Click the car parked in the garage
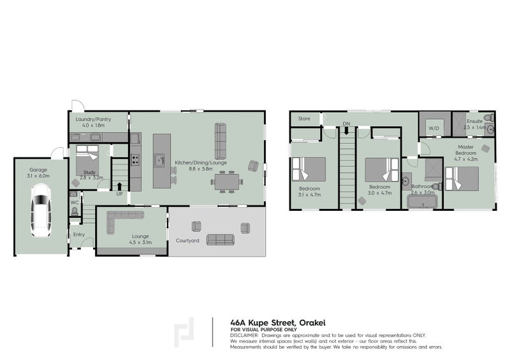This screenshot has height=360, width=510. point(41,211)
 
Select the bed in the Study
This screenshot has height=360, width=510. point(87,160)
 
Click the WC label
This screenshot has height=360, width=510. point(75,203)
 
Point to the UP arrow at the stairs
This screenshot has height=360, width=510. point(120,187)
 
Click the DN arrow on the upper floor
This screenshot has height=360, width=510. point(346,130)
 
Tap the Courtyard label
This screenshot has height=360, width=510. point(187,241)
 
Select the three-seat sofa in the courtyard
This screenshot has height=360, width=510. point(220,240)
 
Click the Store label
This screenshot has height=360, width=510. point(304,119)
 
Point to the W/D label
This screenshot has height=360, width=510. point(434,128)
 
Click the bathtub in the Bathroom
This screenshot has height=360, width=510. point(422,203)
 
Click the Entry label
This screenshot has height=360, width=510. point(78,234)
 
